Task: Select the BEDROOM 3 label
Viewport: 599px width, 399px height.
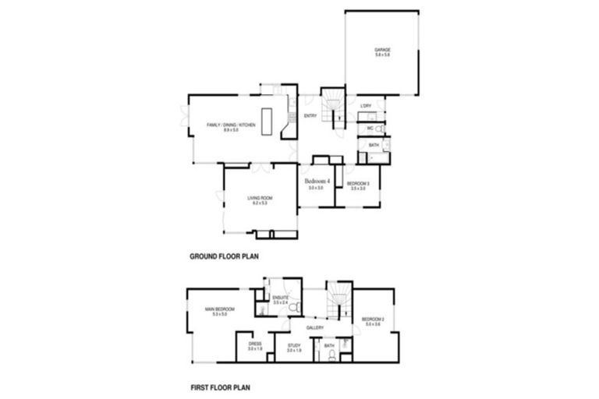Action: [358, 184]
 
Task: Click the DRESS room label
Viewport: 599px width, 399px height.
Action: [254, 343]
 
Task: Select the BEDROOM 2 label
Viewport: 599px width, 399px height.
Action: [372, 320]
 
